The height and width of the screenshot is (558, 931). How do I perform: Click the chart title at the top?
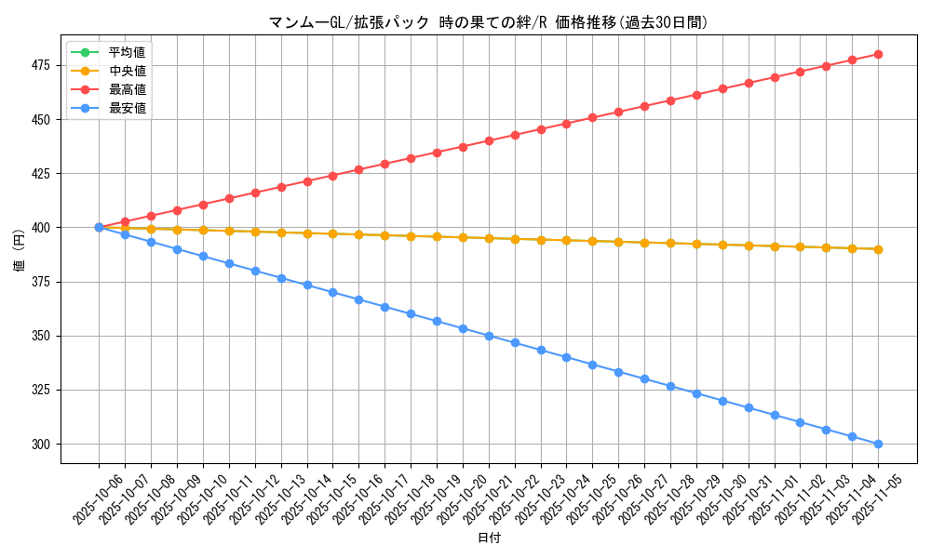[x=488, y=22]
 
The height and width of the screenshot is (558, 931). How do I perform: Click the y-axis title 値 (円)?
[x=20, y=249]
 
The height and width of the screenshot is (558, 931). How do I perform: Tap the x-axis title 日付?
[x=489, y=538]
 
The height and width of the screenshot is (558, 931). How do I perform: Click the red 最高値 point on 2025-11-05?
[x=878, y=54]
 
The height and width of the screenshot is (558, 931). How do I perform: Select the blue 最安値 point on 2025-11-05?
[x=878, y=444]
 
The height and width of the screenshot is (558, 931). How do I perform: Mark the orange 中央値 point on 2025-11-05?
[x=878, y=249]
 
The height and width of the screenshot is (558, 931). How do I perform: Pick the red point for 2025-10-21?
[x=489, y=140]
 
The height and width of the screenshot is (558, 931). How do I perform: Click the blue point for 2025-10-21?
[x=489, y=336]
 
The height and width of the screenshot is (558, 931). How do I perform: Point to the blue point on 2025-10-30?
[x=722, y=401]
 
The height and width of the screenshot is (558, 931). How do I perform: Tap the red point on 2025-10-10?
[x=203, y=205]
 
